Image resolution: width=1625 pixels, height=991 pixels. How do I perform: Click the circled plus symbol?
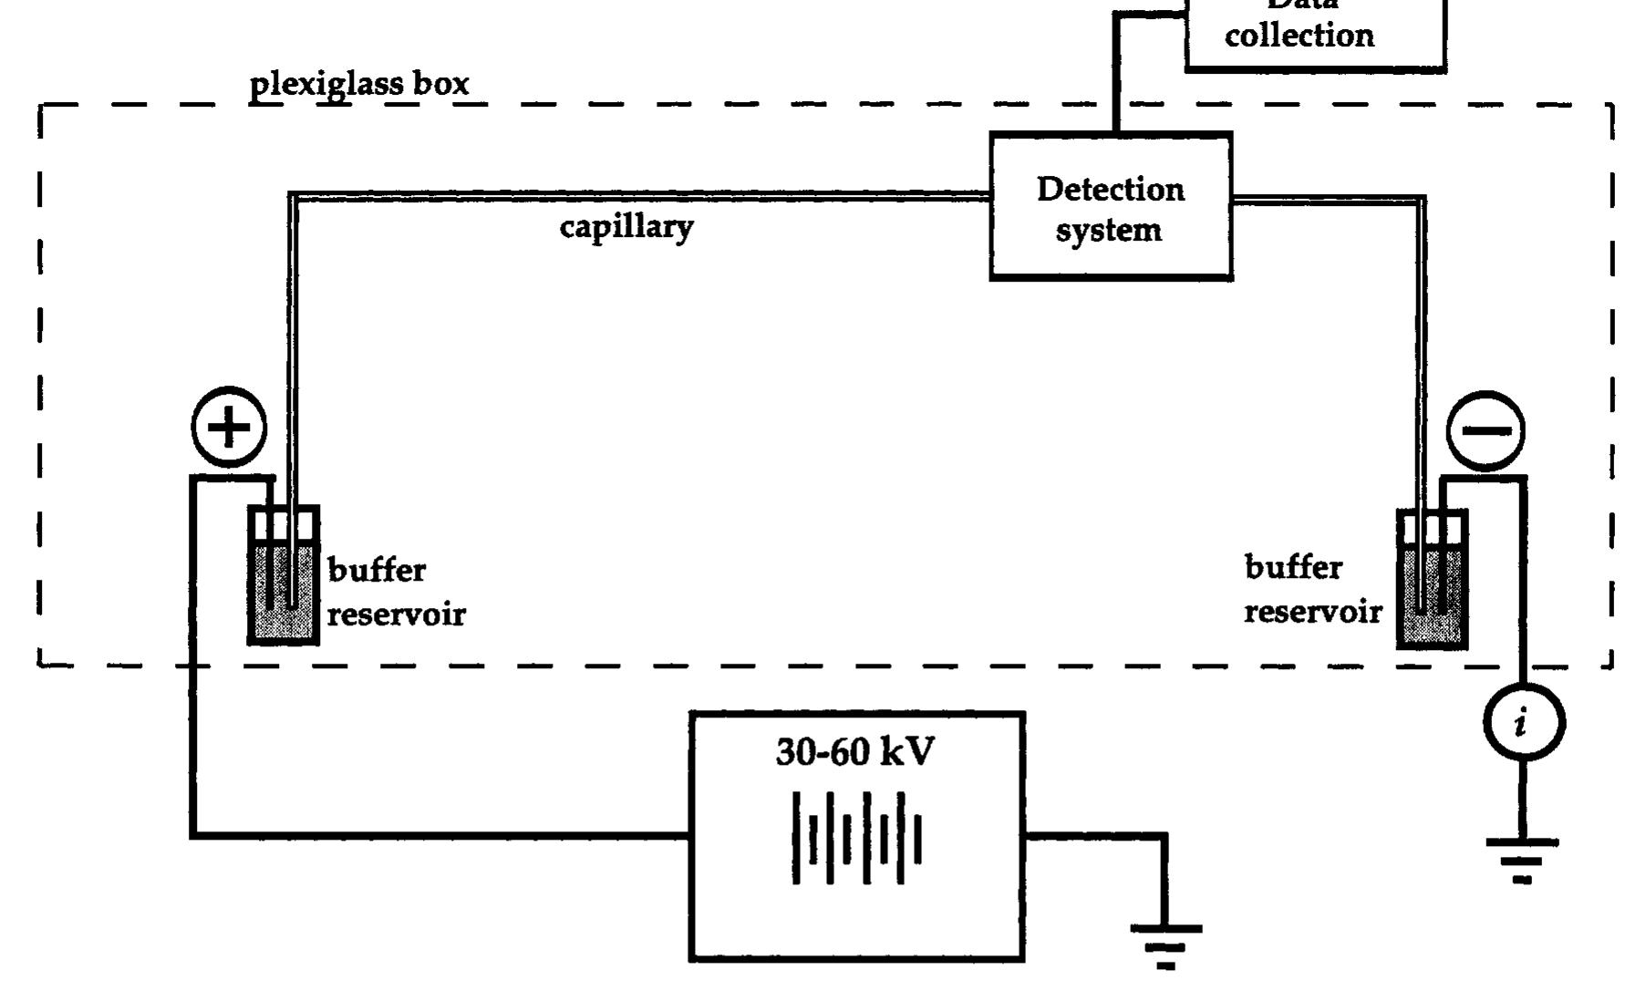230,427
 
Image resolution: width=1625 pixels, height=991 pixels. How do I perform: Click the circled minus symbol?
1485,430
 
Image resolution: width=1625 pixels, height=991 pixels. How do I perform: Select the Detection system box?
1111,206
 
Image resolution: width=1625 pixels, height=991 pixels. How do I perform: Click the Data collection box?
1314,32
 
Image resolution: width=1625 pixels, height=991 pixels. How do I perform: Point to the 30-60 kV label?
854,753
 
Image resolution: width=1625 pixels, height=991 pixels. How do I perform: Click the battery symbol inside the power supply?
856,838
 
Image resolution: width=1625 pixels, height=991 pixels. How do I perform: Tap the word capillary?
626,226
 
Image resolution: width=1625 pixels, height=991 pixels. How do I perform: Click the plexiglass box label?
359,85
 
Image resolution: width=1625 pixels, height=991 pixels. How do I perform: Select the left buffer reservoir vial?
284,576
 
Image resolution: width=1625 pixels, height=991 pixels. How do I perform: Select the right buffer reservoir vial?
1432,580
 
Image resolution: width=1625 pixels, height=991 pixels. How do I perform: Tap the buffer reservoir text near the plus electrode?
396,592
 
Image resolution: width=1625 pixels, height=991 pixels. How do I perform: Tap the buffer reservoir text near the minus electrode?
1312,589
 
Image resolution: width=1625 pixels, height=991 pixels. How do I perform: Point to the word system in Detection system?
1109,230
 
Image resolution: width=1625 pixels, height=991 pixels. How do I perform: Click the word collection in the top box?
1299,36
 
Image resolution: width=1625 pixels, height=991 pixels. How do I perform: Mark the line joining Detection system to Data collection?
1116,73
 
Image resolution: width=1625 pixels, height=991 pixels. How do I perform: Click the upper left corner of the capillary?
292,196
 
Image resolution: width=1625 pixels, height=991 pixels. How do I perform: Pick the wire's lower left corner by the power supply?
193,833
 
